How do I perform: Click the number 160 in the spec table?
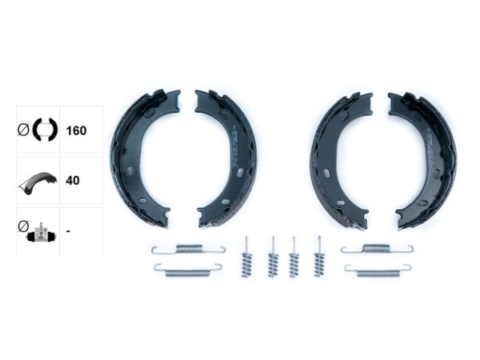coord(76,130)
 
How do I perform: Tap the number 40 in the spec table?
coord(73,180)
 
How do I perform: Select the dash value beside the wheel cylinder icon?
coord(68,230)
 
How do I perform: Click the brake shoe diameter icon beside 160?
coord(38,130)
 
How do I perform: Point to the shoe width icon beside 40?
coord(38,183)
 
